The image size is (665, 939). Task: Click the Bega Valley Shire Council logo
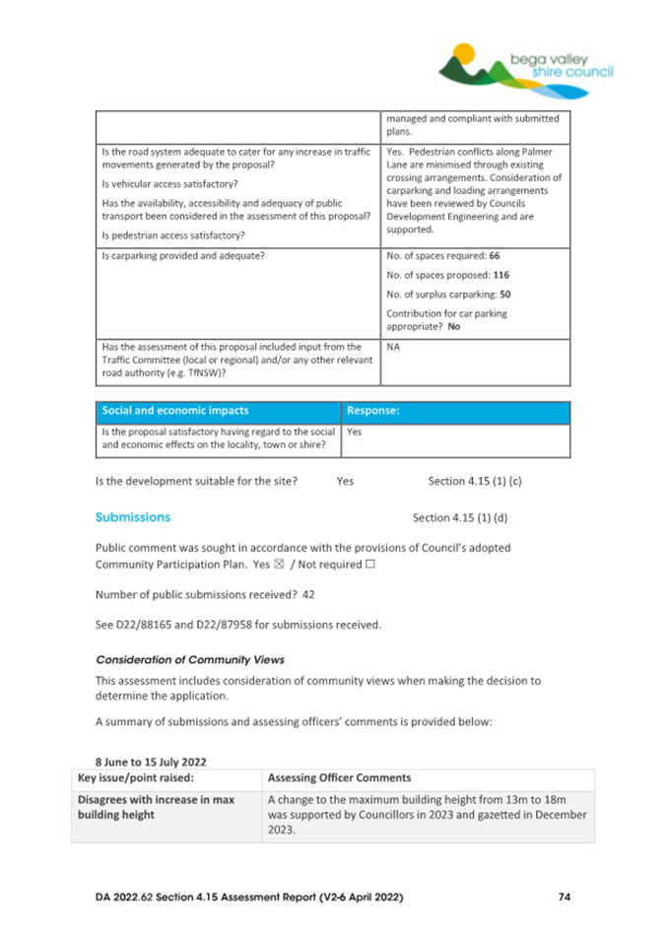pyautogui.click(x=526, y=66)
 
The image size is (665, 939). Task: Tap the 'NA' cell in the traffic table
pyautogui.click(x=394, y=348)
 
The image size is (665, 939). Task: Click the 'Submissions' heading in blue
pyautogui.click(x=132, y=516)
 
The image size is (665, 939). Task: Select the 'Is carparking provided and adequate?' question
pyautogui.click(x=183, y=255)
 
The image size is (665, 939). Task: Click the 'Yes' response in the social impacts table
pyautogui.click(x=355, y=432)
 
